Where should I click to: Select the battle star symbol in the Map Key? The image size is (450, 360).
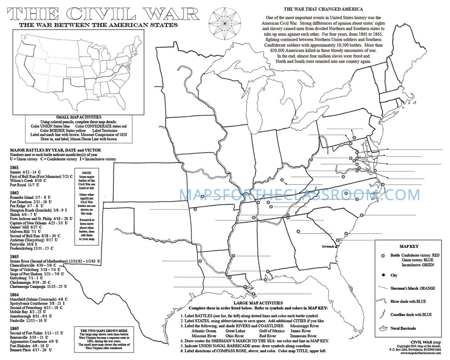pyautogui.click(x=384, y=255)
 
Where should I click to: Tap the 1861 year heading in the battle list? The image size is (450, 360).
pyautogui.click(x=14, y=167)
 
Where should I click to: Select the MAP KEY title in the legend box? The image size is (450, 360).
pyautogui.click(x=409, y=247)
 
